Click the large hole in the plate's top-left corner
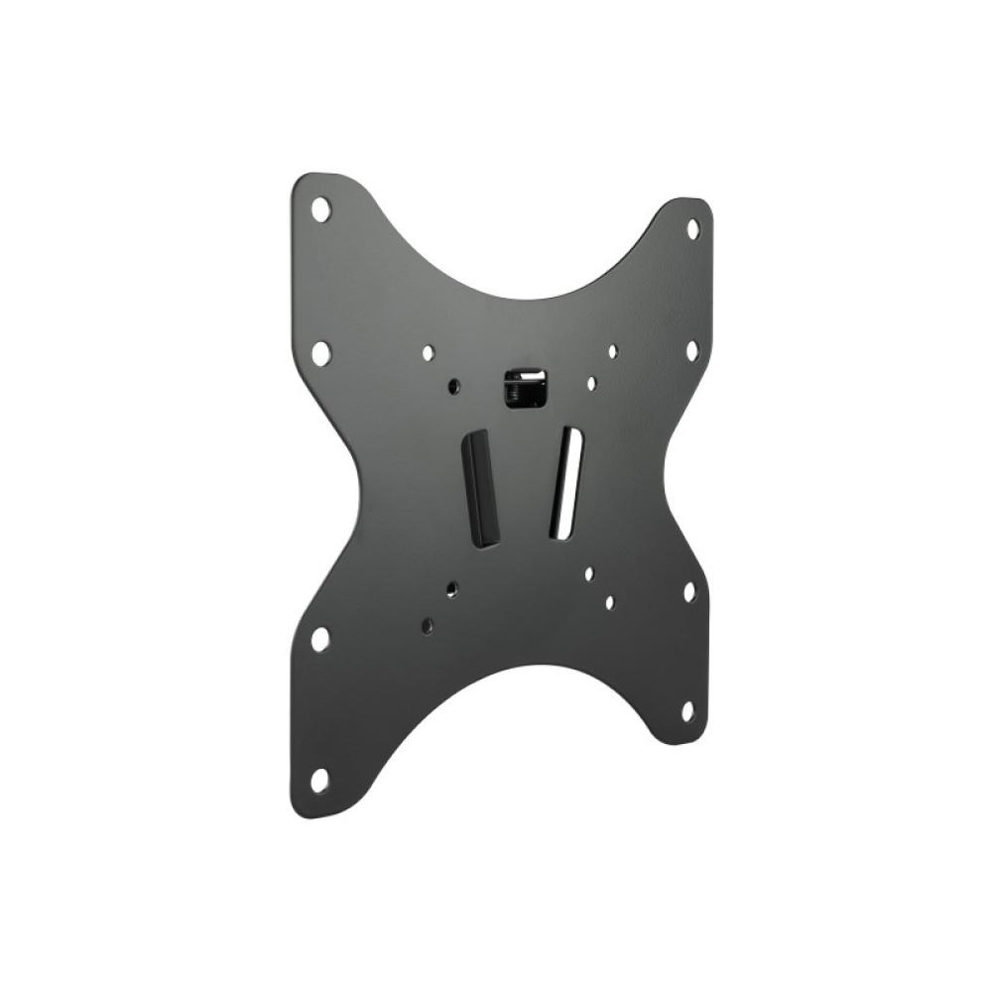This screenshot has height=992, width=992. click(320, 209)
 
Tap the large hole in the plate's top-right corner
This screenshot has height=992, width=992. click(692, 228)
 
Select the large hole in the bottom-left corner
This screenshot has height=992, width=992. click(319, 780)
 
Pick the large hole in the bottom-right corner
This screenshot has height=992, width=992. click(687, 710)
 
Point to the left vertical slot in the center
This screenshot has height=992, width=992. click(480, 487)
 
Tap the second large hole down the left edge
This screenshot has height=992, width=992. click(320, 352)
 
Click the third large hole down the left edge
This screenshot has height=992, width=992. click(319, 639)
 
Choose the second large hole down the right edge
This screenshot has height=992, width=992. click(691, 350)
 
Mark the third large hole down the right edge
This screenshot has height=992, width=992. click(688, 592)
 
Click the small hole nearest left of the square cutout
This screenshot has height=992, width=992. click(453, 386)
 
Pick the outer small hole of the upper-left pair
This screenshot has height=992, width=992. click(428, 352)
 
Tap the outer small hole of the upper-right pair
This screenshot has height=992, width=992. click(613, 351)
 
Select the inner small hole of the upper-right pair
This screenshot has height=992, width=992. click(591, 383)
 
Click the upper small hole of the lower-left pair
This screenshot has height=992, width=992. click(451, 589)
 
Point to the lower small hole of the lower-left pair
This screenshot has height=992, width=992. click(427, 626)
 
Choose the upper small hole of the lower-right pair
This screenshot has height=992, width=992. click(589, 573)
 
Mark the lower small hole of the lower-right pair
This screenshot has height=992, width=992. click(610, 602)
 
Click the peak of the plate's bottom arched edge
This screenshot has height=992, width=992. click(516, 667)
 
